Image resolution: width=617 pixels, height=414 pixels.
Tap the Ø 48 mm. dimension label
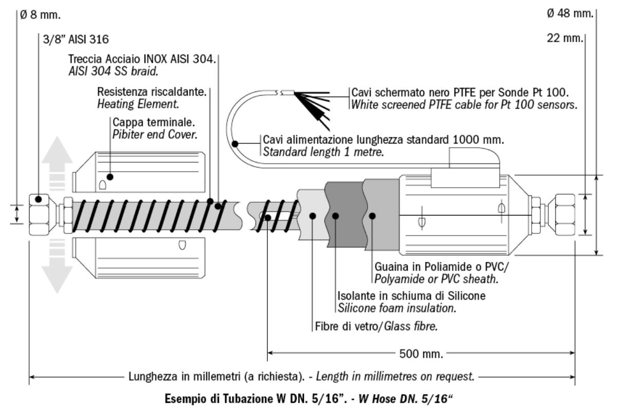tap(570, 13)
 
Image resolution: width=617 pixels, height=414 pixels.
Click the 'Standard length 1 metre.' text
tap(323, 152)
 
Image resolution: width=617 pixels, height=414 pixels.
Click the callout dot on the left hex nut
tap(38, 199)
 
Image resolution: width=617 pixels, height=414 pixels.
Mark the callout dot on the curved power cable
tap(235, 145)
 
